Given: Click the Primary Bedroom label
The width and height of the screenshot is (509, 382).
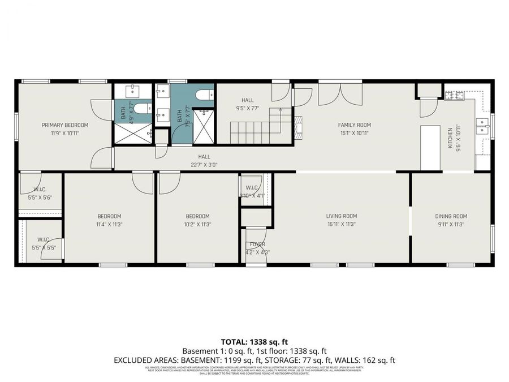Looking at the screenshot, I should coord(65,125).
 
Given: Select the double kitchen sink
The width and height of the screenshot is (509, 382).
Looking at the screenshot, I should coord(482,125).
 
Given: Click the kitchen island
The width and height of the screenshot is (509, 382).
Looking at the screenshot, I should coord(430,147).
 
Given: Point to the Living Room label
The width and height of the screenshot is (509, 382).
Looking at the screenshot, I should coord(342,216).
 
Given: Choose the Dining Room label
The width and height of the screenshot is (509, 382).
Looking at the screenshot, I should coord(451,216).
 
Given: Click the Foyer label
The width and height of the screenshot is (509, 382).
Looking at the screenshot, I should coord(257,244).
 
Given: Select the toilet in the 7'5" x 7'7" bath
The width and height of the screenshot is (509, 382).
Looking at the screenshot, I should coord(202,95).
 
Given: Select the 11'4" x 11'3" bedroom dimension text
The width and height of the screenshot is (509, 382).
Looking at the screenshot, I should coord(109,224).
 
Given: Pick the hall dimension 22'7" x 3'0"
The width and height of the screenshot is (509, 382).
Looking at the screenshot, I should coord(204,165).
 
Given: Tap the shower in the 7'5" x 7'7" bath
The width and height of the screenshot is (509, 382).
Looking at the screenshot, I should coord(203,126).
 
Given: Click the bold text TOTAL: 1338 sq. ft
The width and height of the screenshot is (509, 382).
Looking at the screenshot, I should coord(254,342).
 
